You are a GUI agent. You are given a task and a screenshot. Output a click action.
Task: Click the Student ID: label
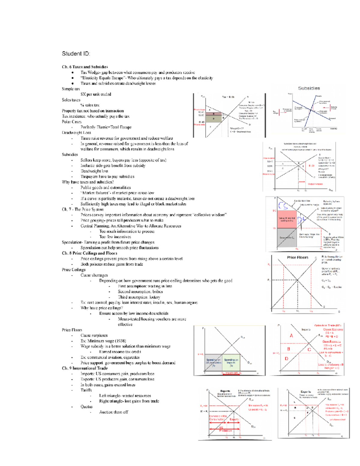(76, 54)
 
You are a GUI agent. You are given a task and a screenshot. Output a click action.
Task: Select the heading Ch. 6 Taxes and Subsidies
(85, 67)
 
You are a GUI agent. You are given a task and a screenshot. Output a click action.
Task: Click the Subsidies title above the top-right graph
(309, 88)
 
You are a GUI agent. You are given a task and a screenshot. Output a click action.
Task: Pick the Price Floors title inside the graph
(297, 257)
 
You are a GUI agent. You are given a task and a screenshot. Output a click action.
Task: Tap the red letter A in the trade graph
(291, 336)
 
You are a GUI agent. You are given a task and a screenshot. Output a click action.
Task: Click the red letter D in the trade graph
(286, 359)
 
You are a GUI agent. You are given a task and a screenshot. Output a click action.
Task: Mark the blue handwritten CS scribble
(283, 206)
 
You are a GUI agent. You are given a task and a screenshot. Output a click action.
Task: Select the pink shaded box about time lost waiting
(287, 219)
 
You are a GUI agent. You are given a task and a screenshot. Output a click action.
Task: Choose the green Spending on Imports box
(231, 362)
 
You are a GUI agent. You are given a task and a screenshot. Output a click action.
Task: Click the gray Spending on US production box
(213, 362)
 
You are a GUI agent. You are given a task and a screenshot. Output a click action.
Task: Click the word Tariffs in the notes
(86, 390)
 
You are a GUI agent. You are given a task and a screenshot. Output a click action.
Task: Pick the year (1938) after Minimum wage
(116, 341)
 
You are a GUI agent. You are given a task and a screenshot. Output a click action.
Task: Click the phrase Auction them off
(114, 412)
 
